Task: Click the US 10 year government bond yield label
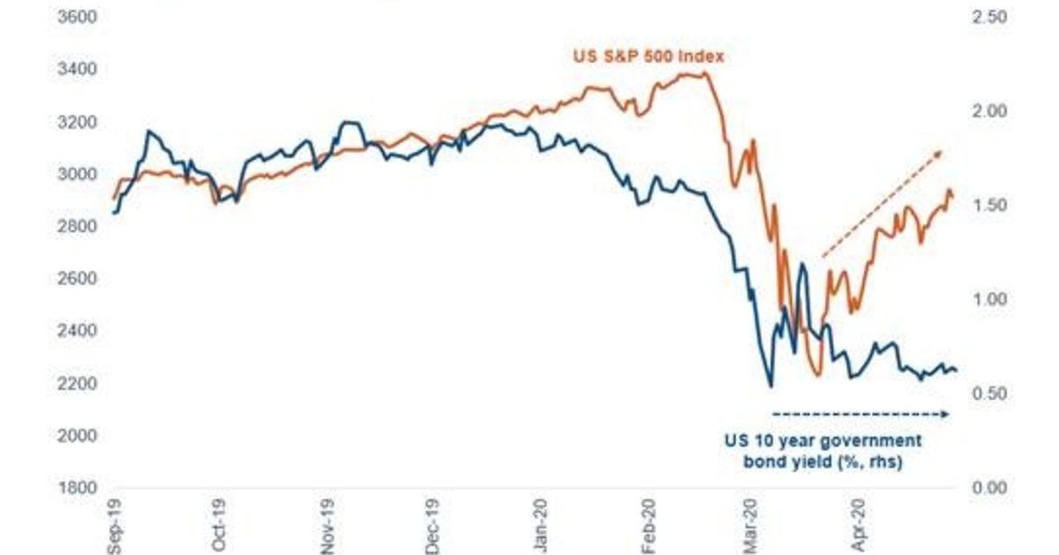tap(822, 450)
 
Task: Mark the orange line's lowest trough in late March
tap(816, 376)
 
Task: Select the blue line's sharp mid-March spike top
tap(802, 264)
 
